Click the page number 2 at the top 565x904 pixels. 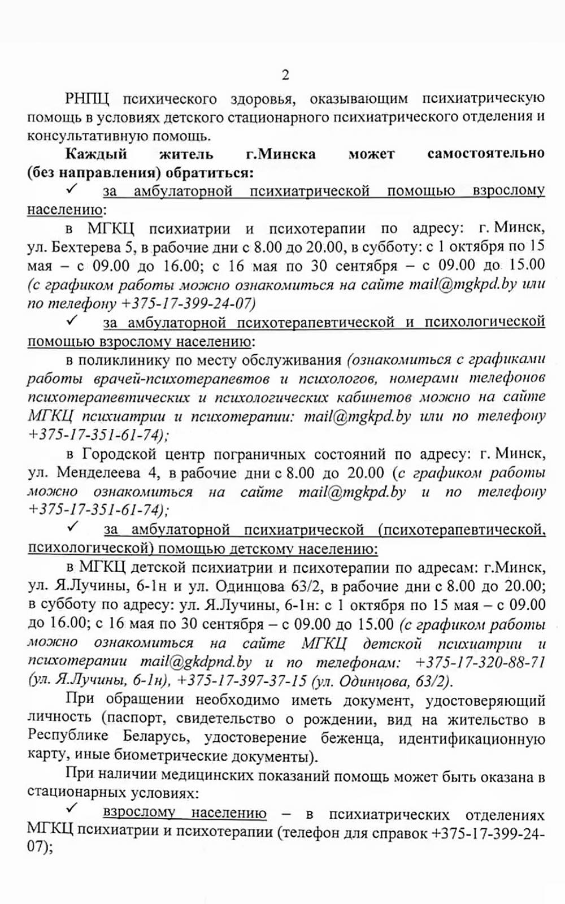(285, 75)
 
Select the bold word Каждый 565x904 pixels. (97, 154)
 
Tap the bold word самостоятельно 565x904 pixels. (486, 154)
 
